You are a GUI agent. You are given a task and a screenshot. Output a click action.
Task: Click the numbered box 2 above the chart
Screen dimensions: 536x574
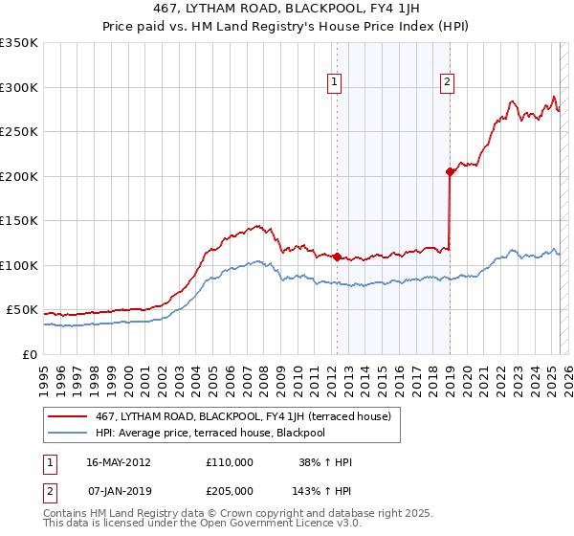pos(447,83)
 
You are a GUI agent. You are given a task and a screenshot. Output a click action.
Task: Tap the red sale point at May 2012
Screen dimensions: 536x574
pos(337,257)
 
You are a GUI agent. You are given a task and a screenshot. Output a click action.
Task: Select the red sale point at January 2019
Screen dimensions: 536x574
pos(449,172)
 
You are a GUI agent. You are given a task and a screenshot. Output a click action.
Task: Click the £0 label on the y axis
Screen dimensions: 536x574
pos(29,354)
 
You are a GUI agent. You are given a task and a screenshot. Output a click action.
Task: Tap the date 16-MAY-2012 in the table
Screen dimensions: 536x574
pos(119,462)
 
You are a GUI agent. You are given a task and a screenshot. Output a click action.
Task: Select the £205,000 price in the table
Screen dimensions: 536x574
pos(230,491)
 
